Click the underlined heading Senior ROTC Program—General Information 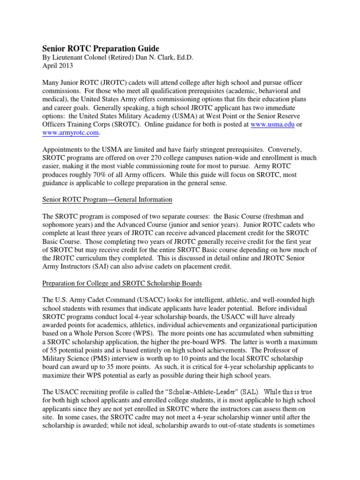tap(107, 200)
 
